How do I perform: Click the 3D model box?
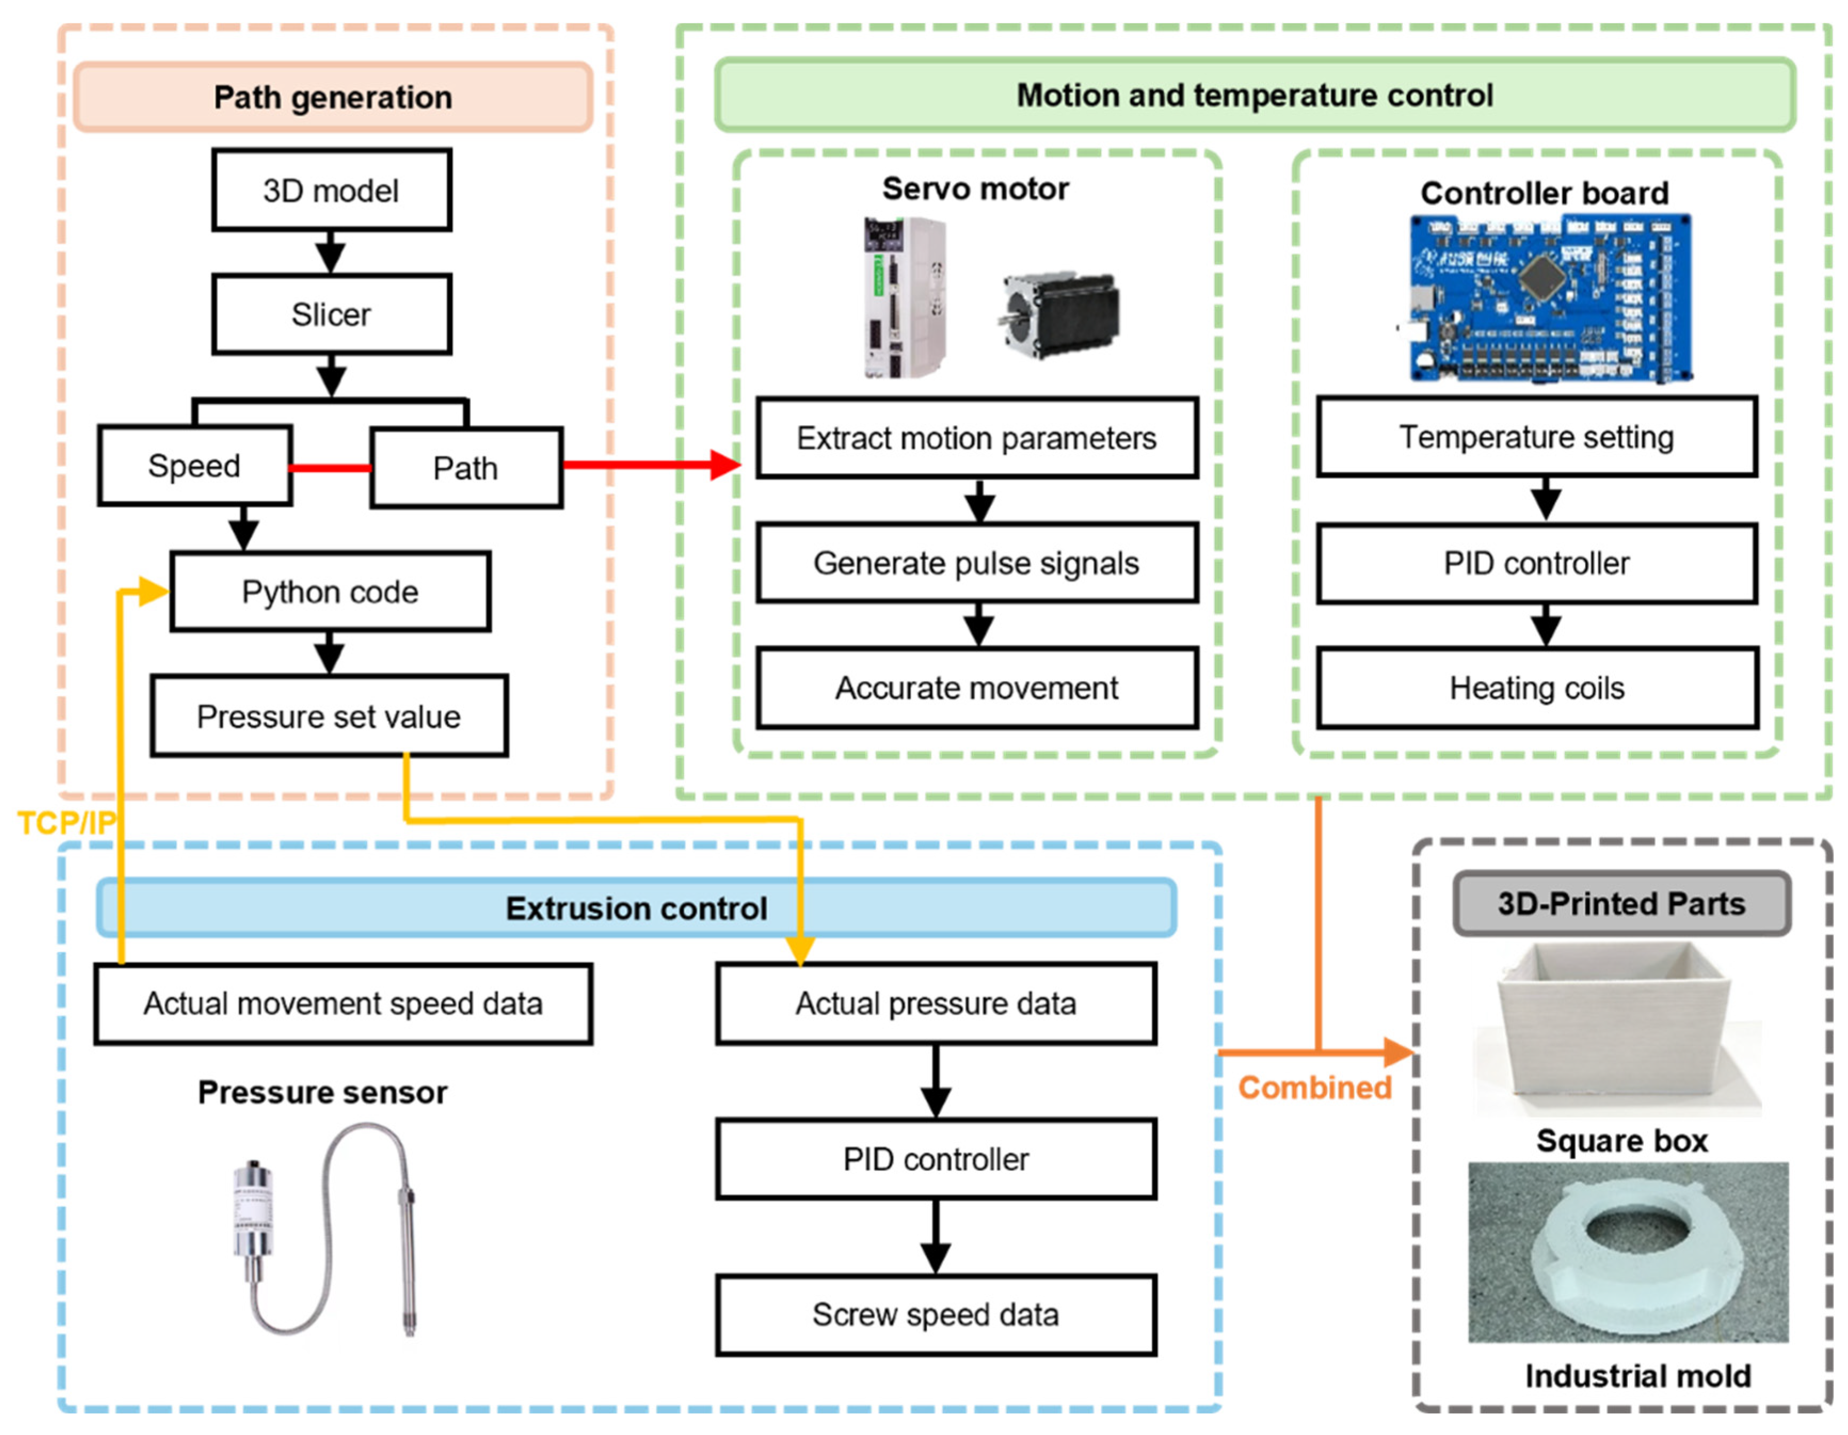[x=331, y=190]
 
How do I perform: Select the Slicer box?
[x=331, y=315]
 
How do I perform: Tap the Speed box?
[x=195, y=466]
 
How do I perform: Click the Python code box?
[x=330, y=591]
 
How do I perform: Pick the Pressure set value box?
[x=329, y=716]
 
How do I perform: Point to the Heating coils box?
[x=1537, y=688]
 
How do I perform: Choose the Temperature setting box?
[x=1537, y=437]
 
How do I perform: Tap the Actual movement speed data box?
[x=343, y=1004]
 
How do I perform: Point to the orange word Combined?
[x=1315, y=1088]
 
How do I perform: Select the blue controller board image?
[x=1548, y=298]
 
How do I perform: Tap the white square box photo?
[x=1616, y=1028]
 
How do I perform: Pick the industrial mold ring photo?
[x=1628, y=1252]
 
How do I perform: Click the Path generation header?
[x=333, y=97]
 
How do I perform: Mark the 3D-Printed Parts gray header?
[x=1621, y=904]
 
